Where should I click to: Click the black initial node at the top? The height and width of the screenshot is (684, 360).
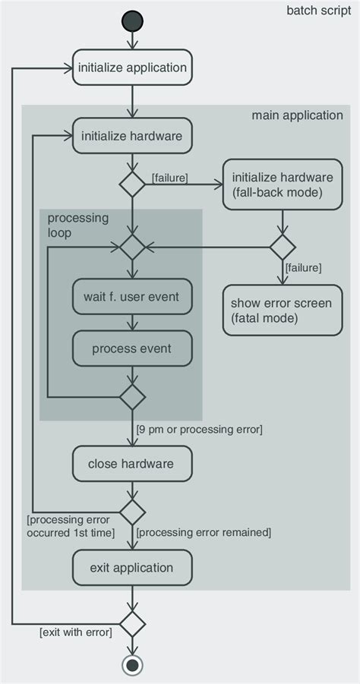(132, 20)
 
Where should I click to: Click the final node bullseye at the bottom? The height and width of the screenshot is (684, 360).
(132, 665)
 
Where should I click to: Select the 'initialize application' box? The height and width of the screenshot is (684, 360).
(132, 68)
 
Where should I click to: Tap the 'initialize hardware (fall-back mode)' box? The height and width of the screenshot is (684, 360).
(282, 184)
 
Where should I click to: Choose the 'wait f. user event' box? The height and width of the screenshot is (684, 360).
(132, 297)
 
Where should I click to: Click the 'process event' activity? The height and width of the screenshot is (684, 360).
(132, 349)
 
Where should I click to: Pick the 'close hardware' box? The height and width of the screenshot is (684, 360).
(132, 464)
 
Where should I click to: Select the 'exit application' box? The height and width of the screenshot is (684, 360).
(132, 568)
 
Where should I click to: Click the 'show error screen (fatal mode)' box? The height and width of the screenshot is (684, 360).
(282, 310)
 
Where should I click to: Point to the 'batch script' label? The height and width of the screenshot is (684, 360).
(318, 11)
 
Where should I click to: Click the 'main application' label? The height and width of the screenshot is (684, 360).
(297, 115)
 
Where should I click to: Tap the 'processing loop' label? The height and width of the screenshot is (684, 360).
(77, 225)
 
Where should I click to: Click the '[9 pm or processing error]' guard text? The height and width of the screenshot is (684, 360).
(199, 430)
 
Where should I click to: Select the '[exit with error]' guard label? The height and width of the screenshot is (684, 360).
(75, 632)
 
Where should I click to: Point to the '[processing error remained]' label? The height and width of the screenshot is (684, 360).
(204, 533)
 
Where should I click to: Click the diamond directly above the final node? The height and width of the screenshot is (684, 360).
(132, 625)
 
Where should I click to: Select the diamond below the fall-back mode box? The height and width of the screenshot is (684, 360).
(282, 247)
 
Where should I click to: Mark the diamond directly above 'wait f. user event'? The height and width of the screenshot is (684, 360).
(132, 247)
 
